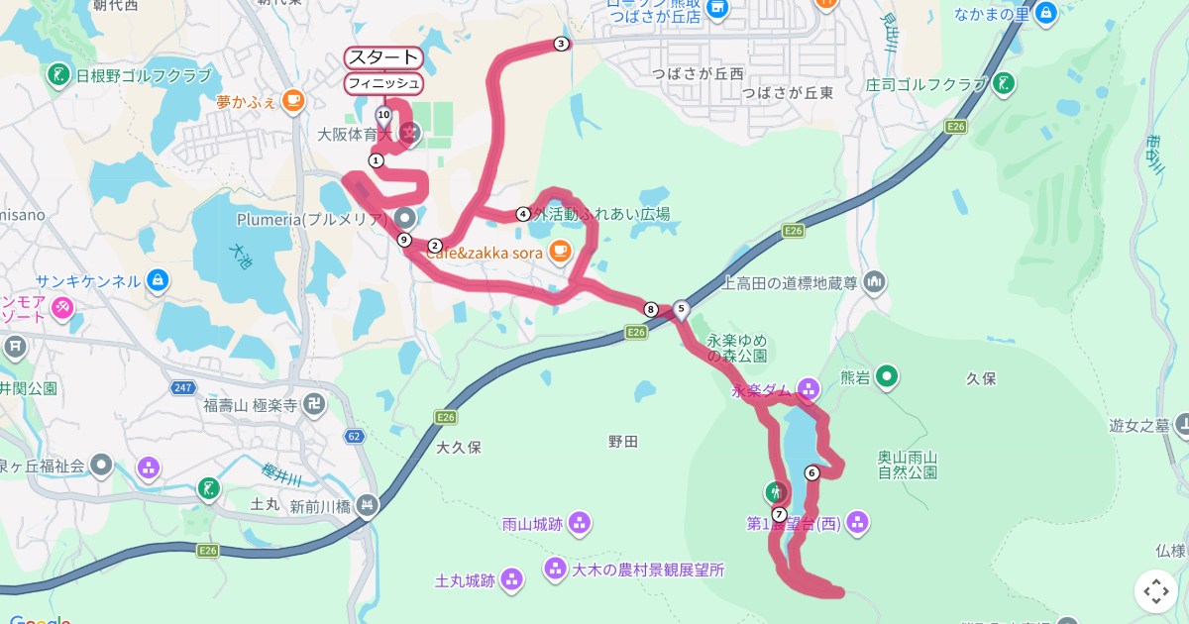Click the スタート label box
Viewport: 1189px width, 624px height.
pos(383,57)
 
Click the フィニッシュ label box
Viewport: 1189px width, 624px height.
pos(383,83)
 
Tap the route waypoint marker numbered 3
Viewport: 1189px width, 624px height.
pos(561,44)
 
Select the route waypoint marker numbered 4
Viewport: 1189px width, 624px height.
pos(523,214)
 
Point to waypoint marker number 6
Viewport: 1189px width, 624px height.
pos(812,472)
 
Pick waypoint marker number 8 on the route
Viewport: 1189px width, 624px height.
pos(650,309)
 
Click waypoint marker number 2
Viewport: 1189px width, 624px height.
pos(434,246)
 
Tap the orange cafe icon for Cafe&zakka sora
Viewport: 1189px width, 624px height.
pos(560,252)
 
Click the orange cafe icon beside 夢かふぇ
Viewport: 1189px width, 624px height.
pos(292,100)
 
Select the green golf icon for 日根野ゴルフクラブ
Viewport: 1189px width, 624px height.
pos(58,74)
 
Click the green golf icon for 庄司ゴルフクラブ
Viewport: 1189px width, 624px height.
pos(1005,83)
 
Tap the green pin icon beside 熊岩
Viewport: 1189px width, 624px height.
pos(888,376)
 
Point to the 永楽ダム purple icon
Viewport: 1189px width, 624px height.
pos(809,389)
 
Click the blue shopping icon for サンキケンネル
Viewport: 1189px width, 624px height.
pos(157,280)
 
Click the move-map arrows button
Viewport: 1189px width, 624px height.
pos(1155,591)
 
